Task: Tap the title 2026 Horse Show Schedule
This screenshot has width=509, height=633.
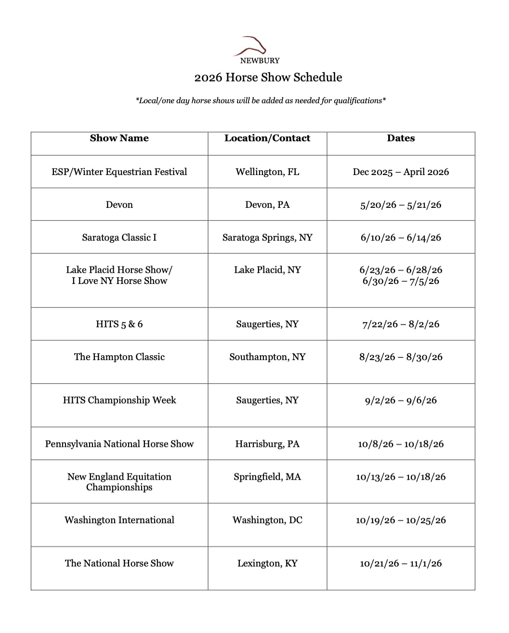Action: click(268, 78)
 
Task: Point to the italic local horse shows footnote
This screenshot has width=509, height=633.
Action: click(261, 101)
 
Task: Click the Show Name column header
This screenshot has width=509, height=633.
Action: click(119, 138)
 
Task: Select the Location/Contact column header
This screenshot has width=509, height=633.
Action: click(267, 138)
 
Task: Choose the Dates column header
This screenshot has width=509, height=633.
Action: click(401, 138)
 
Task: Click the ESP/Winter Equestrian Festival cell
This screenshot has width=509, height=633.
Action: click(119, 172)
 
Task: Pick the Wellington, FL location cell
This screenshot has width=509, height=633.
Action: click(267, 172)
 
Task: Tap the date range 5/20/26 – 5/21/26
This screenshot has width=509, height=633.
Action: click(401, 205)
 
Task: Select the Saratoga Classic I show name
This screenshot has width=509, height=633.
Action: click(119, 238)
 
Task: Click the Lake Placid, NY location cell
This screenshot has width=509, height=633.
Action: click(267, 270)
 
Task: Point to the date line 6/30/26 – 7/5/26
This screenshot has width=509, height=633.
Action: click(401, 281)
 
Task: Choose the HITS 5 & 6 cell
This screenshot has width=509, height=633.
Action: click(119, 324)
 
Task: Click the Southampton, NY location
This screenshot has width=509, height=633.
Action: click(267, 357)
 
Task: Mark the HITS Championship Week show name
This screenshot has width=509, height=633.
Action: click(119, 401)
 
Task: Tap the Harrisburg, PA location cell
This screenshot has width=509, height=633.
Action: click(267, 444)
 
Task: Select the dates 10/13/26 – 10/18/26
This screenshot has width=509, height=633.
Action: click(401, 477)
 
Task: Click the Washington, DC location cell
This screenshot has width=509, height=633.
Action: click(267, 520)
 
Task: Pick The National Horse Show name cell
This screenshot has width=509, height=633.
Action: click(119, 564)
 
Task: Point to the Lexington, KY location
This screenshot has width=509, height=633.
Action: click(267, 564)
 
